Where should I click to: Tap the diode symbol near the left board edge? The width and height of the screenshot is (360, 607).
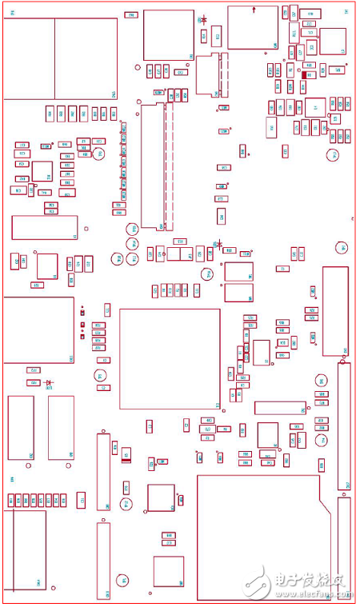coord(49,383)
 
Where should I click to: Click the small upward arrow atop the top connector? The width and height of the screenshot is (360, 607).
coord(254,10)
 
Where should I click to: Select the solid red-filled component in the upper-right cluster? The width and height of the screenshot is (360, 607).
coord(304,74)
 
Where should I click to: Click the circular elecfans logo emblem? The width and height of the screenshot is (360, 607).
coord(258,581)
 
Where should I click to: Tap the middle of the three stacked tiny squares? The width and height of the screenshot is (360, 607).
coord(82,314)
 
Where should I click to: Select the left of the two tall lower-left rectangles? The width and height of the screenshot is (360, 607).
coord(21,427)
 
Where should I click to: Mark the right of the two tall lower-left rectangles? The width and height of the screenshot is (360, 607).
coord(61,427)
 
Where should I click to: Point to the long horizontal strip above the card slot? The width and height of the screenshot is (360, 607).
coord(280,408)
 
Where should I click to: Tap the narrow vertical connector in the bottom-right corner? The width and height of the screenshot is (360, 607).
coord(344,548)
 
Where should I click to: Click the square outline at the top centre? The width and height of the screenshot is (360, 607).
coord(169,34)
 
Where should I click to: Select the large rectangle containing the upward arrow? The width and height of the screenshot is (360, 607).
coord(253,28)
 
